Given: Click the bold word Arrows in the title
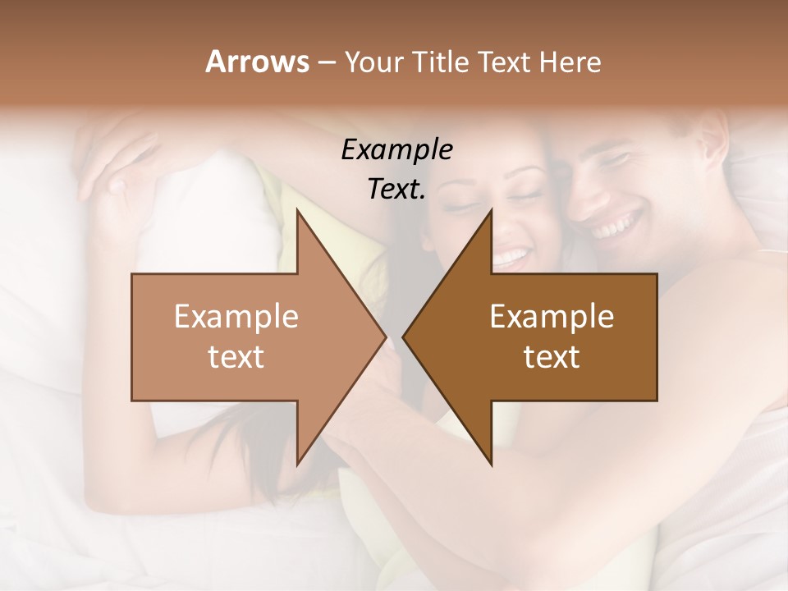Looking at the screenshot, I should [x=257, y=62].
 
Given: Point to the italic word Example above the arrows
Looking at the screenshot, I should [x=396, y=150].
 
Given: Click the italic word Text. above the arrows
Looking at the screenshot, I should [x=396, y=189].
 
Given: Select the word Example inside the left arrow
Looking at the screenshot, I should [x=236, y=317].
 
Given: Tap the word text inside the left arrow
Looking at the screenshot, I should [x=236, y=356].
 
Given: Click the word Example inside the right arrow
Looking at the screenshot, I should [x=552, y=317].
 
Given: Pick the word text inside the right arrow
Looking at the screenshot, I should [x=552, y=356].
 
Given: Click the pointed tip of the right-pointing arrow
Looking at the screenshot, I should [x=385, y=337].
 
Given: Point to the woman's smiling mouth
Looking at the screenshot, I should [x=511, y=257].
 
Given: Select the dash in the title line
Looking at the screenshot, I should [x=326, y=63].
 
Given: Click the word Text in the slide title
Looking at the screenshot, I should [x=506, y=62].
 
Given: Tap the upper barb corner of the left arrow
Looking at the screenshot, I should [x=297, y=210].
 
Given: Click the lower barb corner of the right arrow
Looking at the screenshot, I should [x=491, y=465].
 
